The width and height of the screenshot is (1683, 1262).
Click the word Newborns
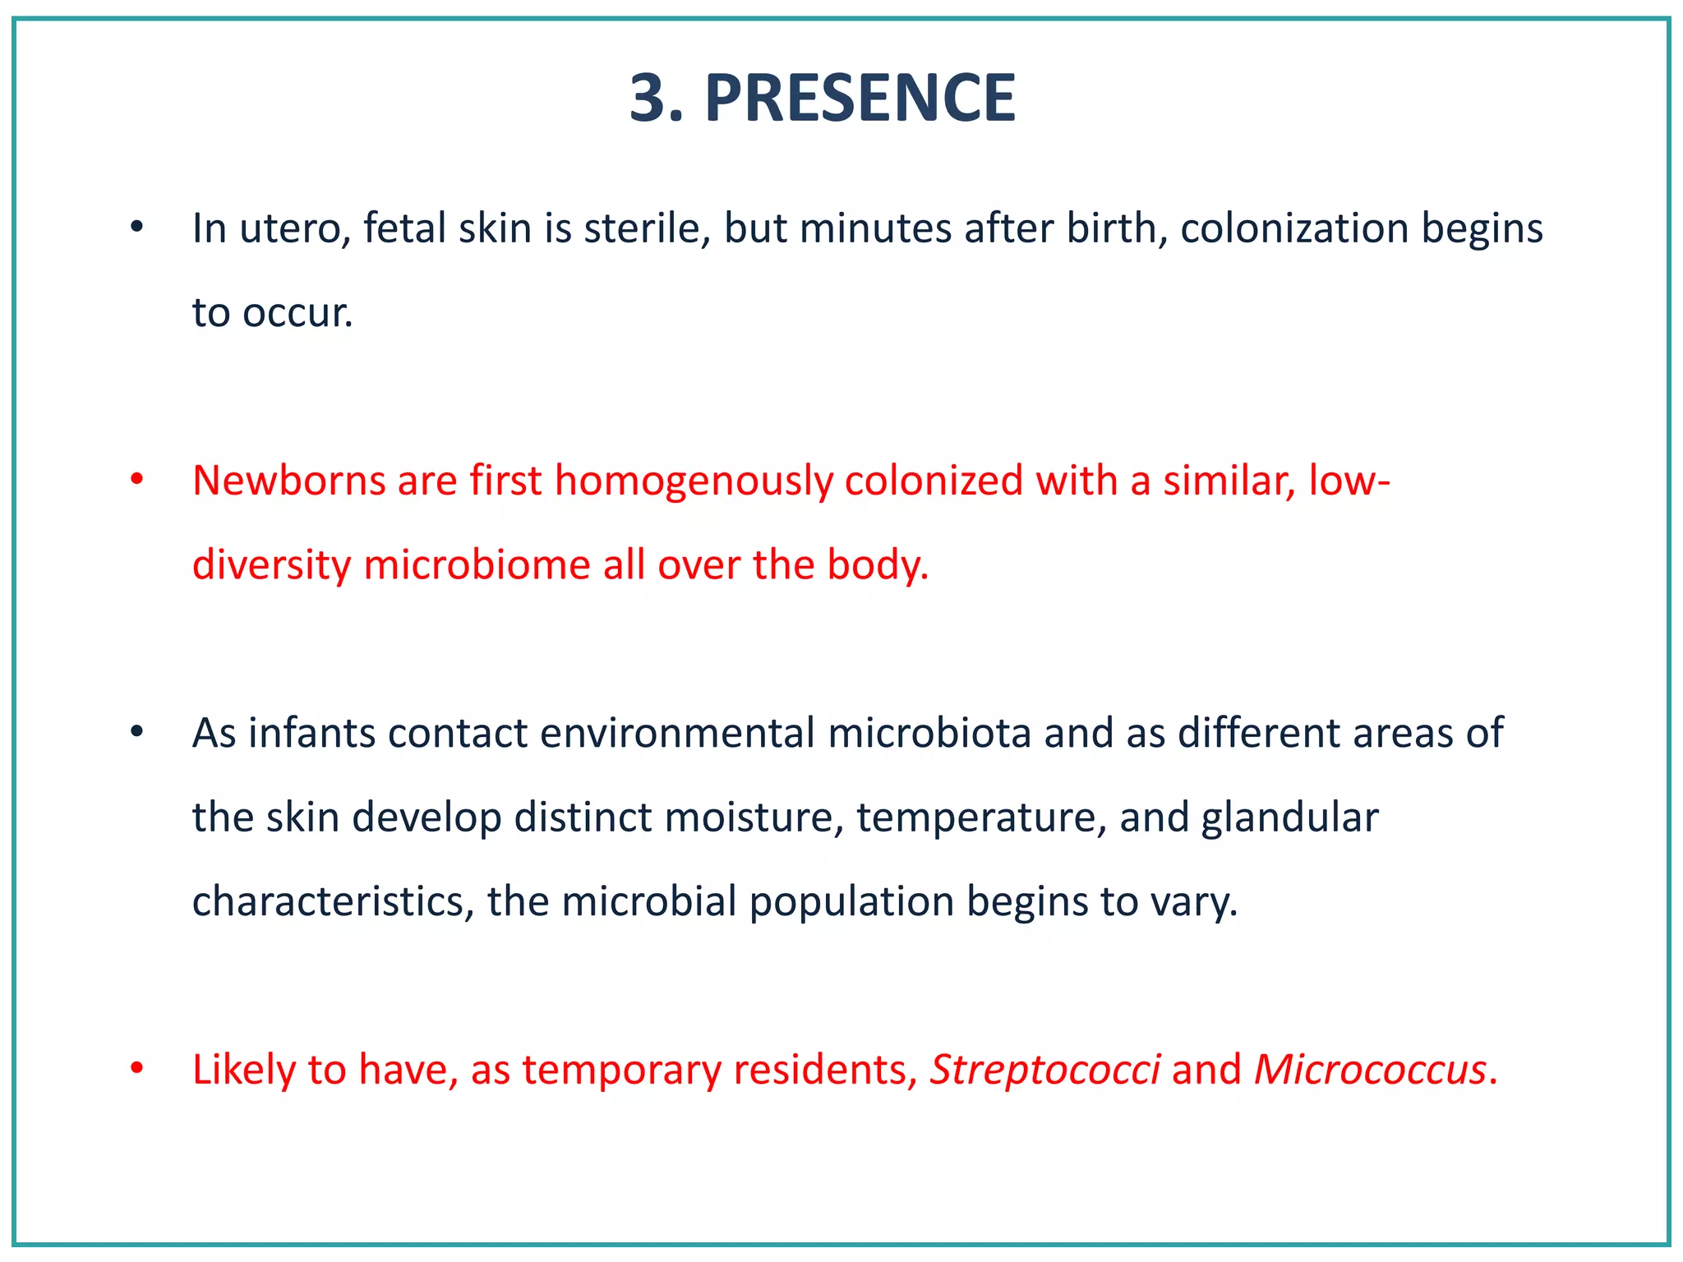point(288,481)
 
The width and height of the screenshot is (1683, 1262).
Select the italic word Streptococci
point(1044,1070)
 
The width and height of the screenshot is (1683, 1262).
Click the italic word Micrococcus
point(1370,1070)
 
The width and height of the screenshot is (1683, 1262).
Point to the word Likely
point(243,1070)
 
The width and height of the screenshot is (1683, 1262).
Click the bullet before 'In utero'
point(137,228)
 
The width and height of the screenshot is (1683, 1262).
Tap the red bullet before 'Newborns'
point(137,480)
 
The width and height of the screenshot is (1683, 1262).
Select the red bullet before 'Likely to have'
point(137,1069)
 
